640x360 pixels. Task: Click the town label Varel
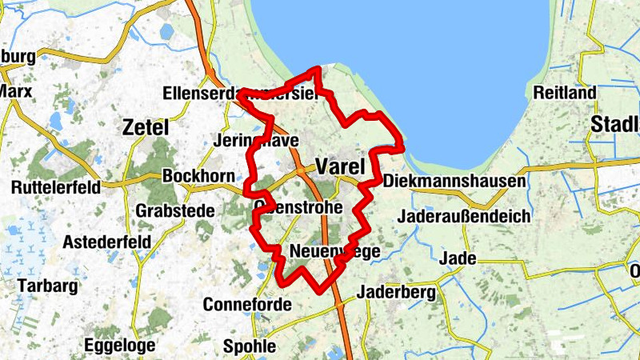coord(340,166)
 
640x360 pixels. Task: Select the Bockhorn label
coord(198,176)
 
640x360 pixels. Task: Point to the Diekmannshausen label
coord(454,182)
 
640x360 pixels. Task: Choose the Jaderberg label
coord(397,292)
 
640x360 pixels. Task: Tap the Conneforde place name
coord(243,305)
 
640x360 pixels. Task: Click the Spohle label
coord(249,346)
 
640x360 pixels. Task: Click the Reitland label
coord(565,93)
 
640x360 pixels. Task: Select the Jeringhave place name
coord(257,141)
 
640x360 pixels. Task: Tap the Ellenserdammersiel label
coord(239,94)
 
